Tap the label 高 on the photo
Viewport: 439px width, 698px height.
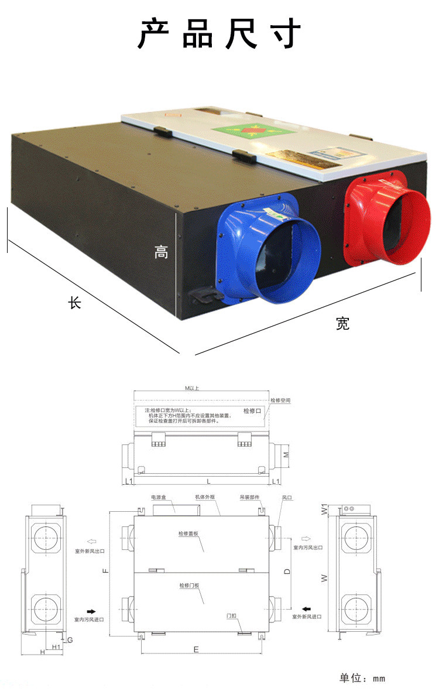tap(161, 252)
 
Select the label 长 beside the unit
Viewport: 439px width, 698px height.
tap(75, 303)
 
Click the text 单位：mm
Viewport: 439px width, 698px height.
tap(362, 678)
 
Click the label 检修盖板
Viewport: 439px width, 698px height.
tap(189, 533)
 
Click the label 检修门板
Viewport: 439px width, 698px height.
tap(189, 585)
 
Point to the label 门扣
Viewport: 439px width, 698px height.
tap(232, 616)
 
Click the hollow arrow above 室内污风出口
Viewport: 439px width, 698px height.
tap(305, 538)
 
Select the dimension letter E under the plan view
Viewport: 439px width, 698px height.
tap(196, 649)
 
